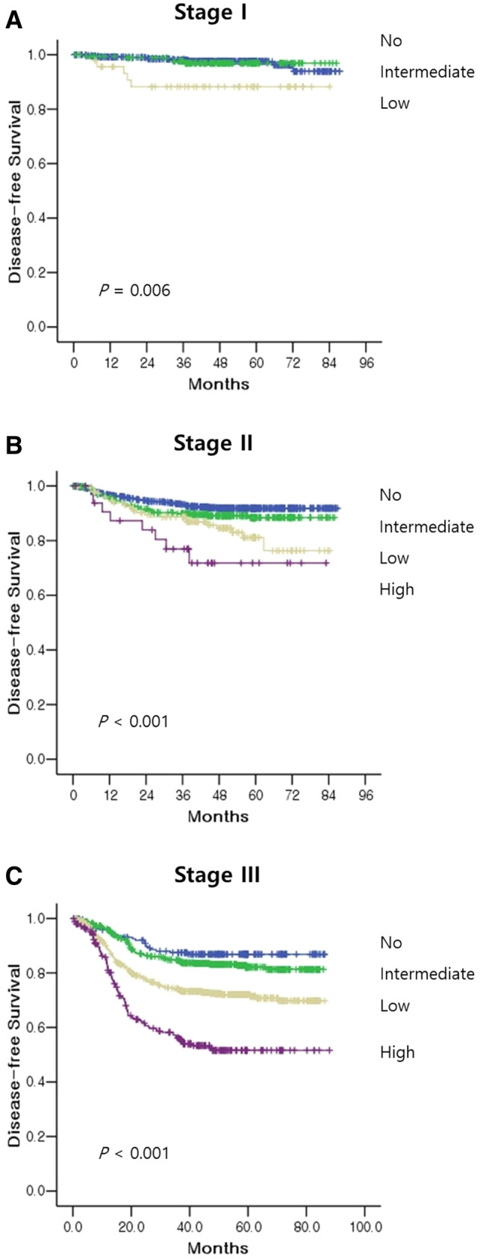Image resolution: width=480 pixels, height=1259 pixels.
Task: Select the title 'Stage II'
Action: tap(213, 443)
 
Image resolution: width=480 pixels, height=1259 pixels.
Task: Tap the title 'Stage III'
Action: tap(216, 874)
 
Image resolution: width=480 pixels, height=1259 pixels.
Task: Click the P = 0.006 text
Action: tap(134, 290)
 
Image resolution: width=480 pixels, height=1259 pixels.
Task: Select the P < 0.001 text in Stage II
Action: tap(134, 721)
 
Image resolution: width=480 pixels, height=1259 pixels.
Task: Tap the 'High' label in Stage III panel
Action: tap(396, 1052)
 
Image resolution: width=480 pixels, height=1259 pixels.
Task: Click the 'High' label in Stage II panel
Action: tap(396, 590)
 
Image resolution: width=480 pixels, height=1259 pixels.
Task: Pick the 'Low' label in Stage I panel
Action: tap(394, 103)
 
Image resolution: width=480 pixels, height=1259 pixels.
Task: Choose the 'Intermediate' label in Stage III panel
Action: tap(426, 974)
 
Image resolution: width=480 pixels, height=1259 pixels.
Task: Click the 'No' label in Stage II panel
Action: tap(390, 495)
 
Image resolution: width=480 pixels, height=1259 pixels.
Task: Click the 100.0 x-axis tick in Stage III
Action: tap(364, 1226)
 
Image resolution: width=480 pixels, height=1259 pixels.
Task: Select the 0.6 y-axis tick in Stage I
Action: tap(45, 163)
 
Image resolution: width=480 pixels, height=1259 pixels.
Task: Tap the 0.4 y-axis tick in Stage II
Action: tap(45, 650)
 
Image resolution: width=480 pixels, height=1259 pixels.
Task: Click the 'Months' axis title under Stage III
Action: tap(218, 1247)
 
